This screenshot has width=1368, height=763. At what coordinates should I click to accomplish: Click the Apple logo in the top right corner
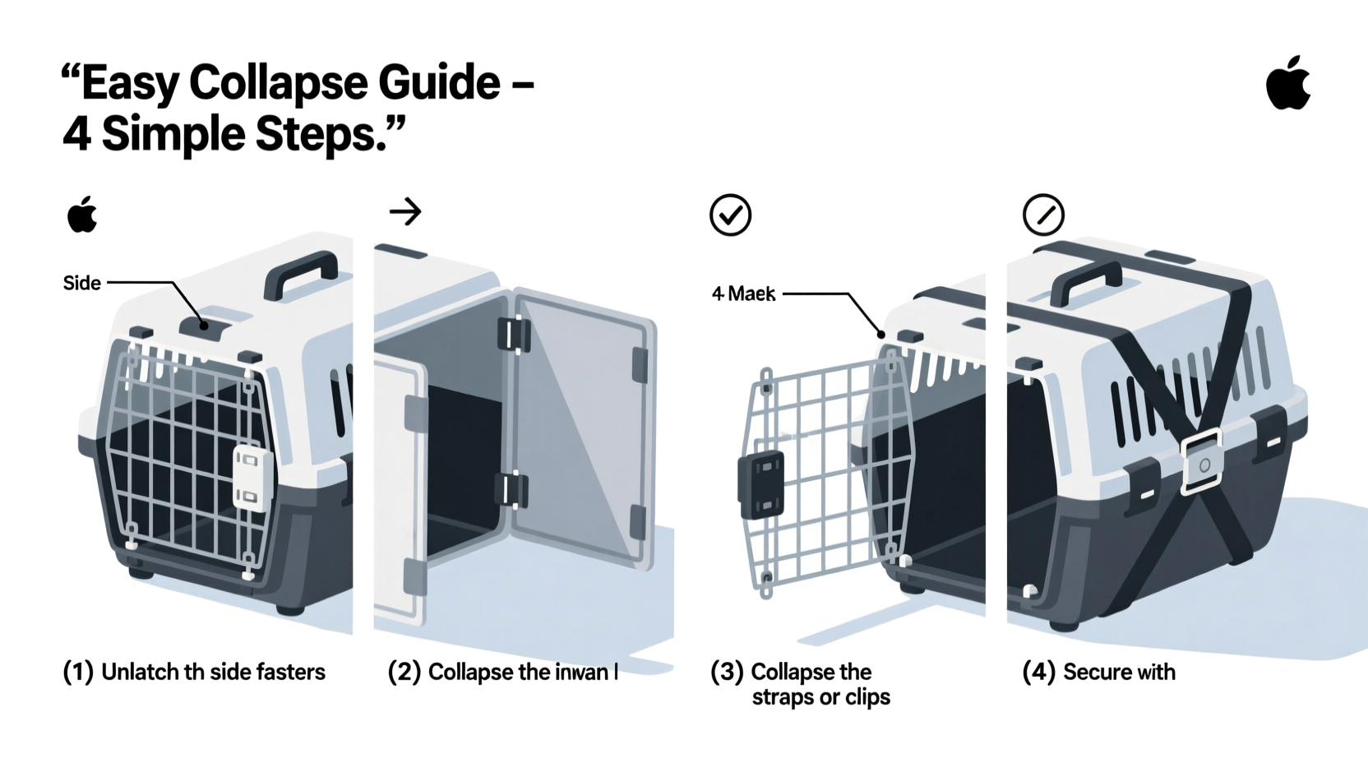(x=1288, y=84)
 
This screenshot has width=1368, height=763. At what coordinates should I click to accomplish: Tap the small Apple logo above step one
(x=82, y=215)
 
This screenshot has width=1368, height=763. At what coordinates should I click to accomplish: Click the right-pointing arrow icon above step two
(x=405, y=212)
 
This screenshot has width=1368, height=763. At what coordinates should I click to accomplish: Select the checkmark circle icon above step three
(x=730, y=215)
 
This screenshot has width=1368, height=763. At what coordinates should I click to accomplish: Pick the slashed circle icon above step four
(x=1043, y=215)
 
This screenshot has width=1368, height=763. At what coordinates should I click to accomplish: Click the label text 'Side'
(x=81, y=284)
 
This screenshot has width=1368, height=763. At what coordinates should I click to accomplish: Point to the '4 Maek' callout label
(x=743, y=294)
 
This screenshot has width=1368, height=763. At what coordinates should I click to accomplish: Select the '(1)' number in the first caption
(x=78, y=673)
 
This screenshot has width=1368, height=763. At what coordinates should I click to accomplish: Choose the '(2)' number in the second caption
(x=404, y=673)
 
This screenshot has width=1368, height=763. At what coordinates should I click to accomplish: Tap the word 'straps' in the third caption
(x=781, y=697)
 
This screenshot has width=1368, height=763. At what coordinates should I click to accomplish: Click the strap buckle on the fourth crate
(x=1202, y=464)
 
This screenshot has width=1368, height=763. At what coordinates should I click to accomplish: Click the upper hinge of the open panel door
(x=514, y=335)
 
